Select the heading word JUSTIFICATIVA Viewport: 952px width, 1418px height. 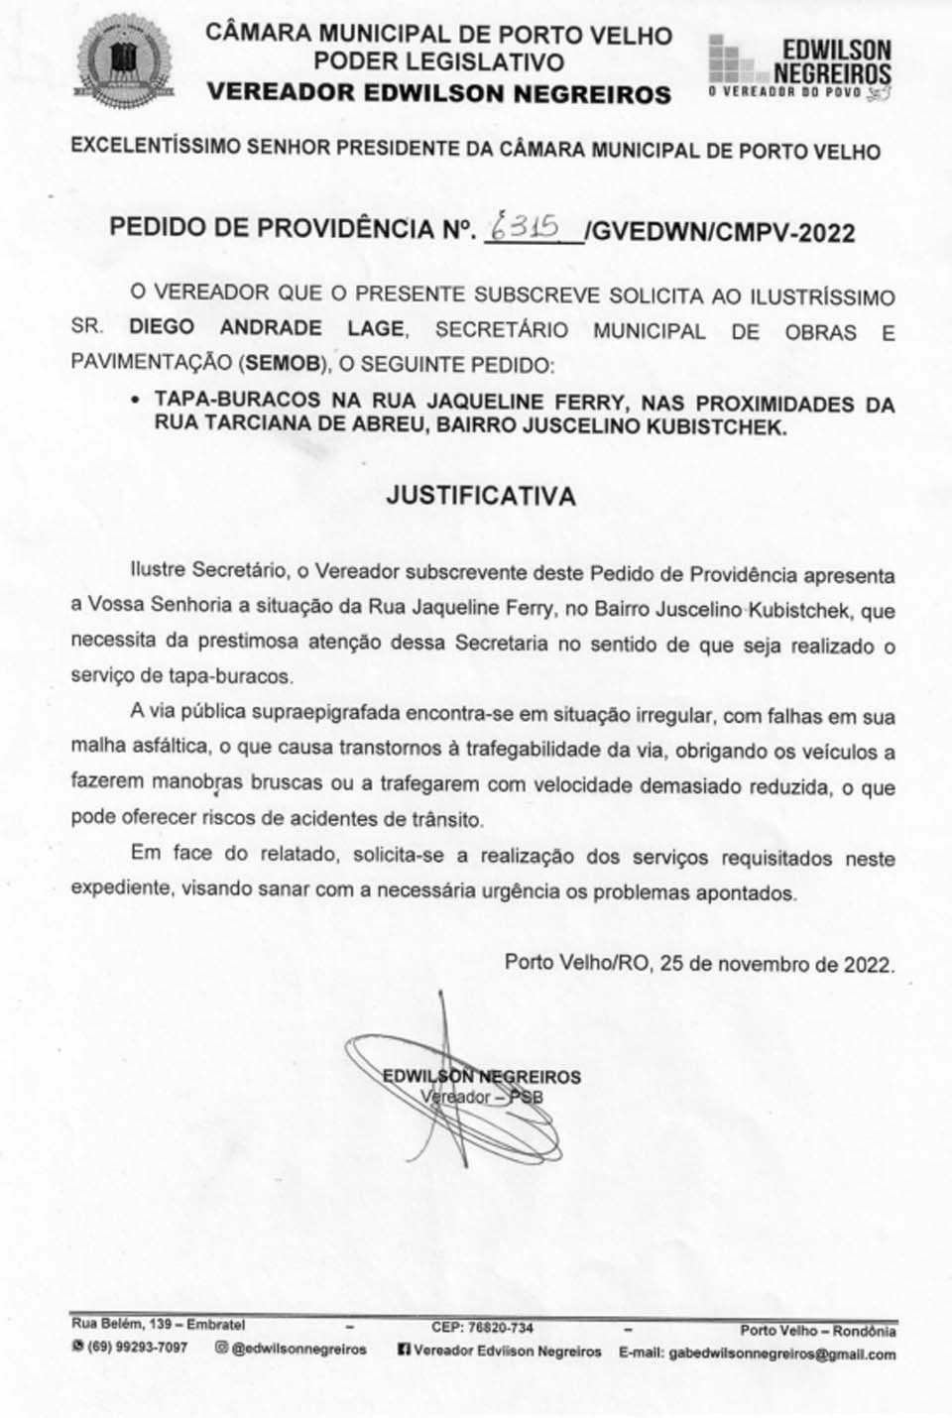coord(481,496)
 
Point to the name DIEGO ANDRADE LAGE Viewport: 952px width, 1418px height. coord(266,328)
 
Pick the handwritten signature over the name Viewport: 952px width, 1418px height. coord(446,1081)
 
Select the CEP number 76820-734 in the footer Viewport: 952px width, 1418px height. coord(497,1328)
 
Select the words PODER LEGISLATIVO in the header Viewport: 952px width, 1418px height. coord(438,62)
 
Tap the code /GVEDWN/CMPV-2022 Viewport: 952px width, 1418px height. coord(720,232)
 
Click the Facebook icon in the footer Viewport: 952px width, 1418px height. coord(404,1351)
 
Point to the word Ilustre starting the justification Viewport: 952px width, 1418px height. coord(159,571)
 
